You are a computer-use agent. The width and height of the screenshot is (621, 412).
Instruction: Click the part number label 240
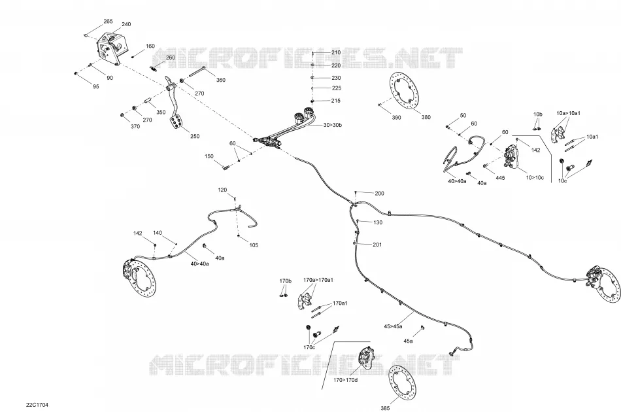pos(126,24)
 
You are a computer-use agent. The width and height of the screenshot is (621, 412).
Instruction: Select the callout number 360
pos(220,80)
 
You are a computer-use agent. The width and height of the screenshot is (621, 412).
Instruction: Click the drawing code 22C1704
pos(37,405)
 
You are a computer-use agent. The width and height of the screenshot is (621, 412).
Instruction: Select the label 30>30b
pos(332,125)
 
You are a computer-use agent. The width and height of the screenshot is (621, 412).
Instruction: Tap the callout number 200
pos(379,194)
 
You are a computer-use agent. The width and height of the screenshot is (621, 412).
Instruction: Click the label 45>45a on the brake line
pos(393,326)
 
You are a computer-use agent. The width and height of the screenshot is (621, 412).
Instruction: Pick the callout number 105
pos(254,245)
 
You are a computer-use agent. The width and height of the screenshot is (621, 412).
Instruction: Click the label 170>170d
pos(345,381)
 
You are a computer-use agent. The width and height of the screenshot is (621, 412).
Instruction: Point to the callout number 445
pos(500,178)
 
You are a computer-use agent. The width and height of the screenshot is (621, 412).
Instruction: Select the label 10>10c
pos(535,177)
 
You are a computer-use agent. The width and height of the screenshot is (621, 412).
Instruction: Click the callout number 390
pos(396,117)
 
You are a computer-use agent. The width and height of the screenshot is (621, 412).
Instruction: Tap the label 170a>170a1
pos(318,280)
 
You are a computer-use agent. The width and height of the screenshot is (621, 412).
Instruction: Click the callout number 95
pos(96,86)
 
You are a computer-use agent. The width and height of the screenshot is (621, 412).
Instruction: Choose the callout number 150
pos(209,156)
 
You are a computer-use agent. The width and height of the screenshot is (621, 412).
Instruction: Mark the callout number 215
pos(336,101)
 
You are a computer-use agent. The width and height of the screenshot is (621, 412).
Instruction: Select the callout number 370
pos(135,127)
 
